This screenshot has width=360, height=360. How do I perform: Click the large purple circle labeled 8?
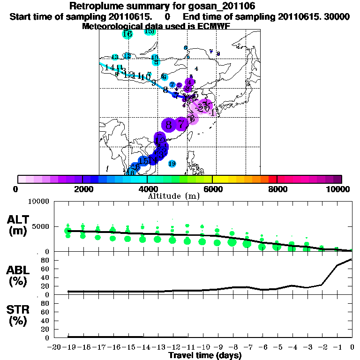(168, 125)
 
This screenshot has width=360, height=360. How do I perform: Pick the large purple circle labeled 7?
(181, 125)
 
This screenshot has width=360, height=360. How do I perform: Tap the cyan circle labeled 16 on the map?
(127, 34)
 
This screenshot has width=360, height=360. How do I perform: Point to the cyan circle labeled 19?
(172, 164)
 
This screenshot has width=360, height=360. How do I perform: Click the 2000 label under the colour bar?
(82, 189)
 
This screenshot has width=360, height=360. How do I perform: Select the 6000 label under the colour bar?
(212, 189)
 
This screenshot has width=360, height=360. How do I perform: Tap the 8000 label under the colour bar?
(277, 189)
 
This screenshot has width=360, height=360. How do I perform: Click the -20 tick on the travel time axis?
(54, 347)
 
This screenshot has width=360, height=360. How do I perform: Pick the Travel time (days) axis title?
(205, 356)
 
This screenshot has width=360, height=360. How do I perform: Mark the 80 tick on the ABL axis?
(46, 260)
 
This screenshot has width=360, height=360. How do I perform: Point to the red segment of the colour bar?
(272, 179)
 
